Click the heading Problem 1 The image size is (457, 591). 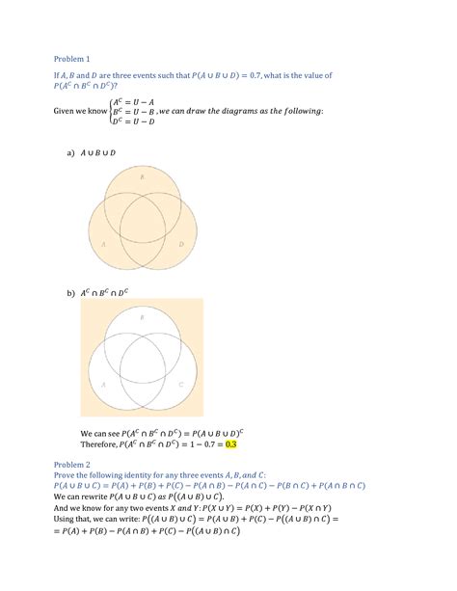click(72, 60)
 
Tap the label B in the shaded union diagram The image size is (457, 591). click(143, 178)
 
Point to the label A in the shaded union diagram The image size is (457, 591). click(102, 245)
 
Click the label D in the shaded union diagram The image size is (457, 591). click(180, 245)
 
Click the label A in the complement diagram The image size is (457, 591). click(102, 384)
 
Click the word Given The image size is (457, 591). click(67, 112)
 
